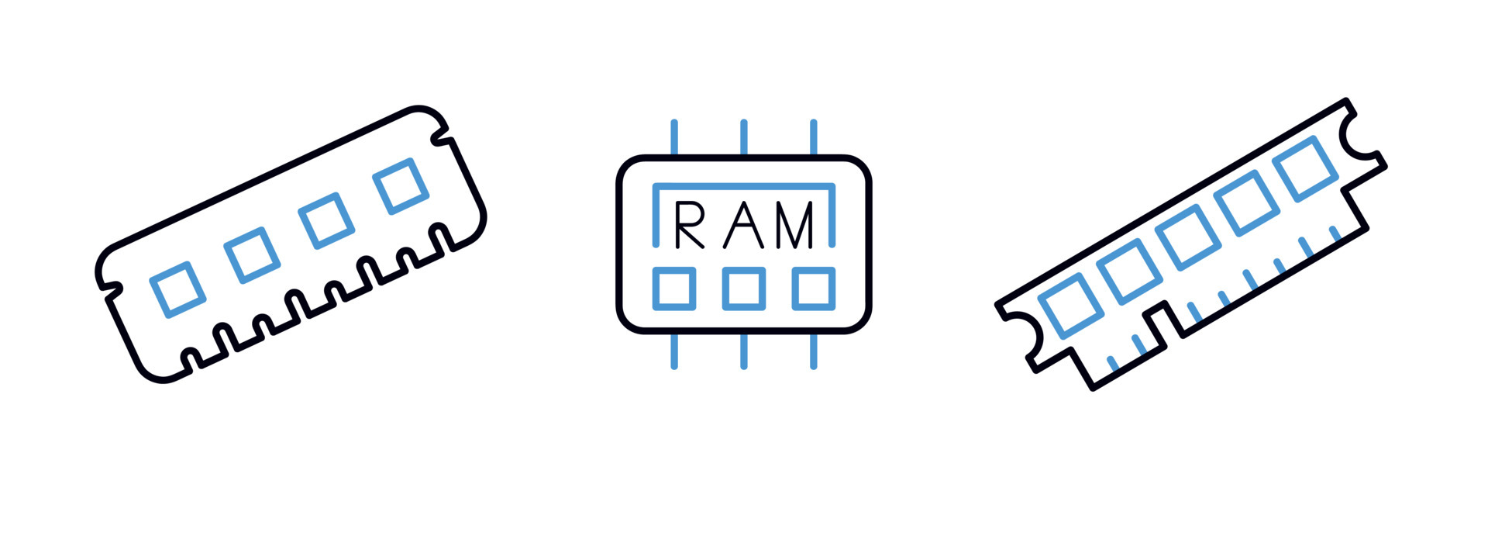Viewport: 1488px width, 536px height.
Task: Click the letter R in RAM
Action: tap(688, 225)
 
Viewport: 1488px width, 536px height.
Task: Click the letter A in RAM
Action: tap(743, 225)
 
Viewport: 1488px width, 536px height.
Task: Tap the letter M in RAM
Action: tap(795, 225)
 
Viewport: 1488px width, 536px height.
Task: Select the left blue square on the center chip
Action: tap(673, 289)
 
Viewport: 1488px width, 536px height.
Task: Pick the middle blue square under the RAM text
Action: tap(743, 289)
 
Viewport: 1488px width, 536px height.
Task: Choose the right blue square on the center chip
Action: tap(813, 289)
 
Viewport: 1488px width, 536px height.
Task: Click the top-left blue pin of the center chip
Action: tap(674, 138)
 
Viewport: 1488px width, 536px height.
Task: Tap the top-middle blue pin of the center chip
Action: tap(744, 138)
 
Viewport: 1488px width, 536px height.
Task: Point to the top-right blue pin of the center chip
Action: tap(813, 138)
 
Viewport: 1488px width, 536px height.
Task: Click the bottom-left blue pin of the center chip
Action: tap(674, 351)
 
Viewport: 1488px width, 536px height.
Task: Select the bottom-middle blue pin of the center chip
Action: tap(744, 351)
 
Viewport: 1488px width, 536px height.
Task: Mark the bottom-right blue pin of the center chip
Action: tap(813, 351)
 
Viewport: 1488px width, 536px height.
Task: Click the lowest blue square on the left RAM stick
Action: tap(177, 289)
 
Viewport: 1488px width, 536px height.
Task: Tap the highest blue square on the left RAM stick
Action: tap(401, 185)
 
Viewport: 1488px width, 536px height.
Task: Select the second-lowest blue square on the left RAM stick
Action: tap(252, 255)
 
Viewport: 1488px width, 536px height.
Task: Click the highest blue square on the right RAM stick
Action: tap(1305, 168)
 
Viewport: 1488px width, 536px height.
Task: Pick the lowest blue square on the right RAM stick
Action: tap(1070, 305)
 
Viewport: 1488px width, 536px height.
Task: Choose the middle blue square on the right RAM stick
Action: tap(1188, 237)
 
